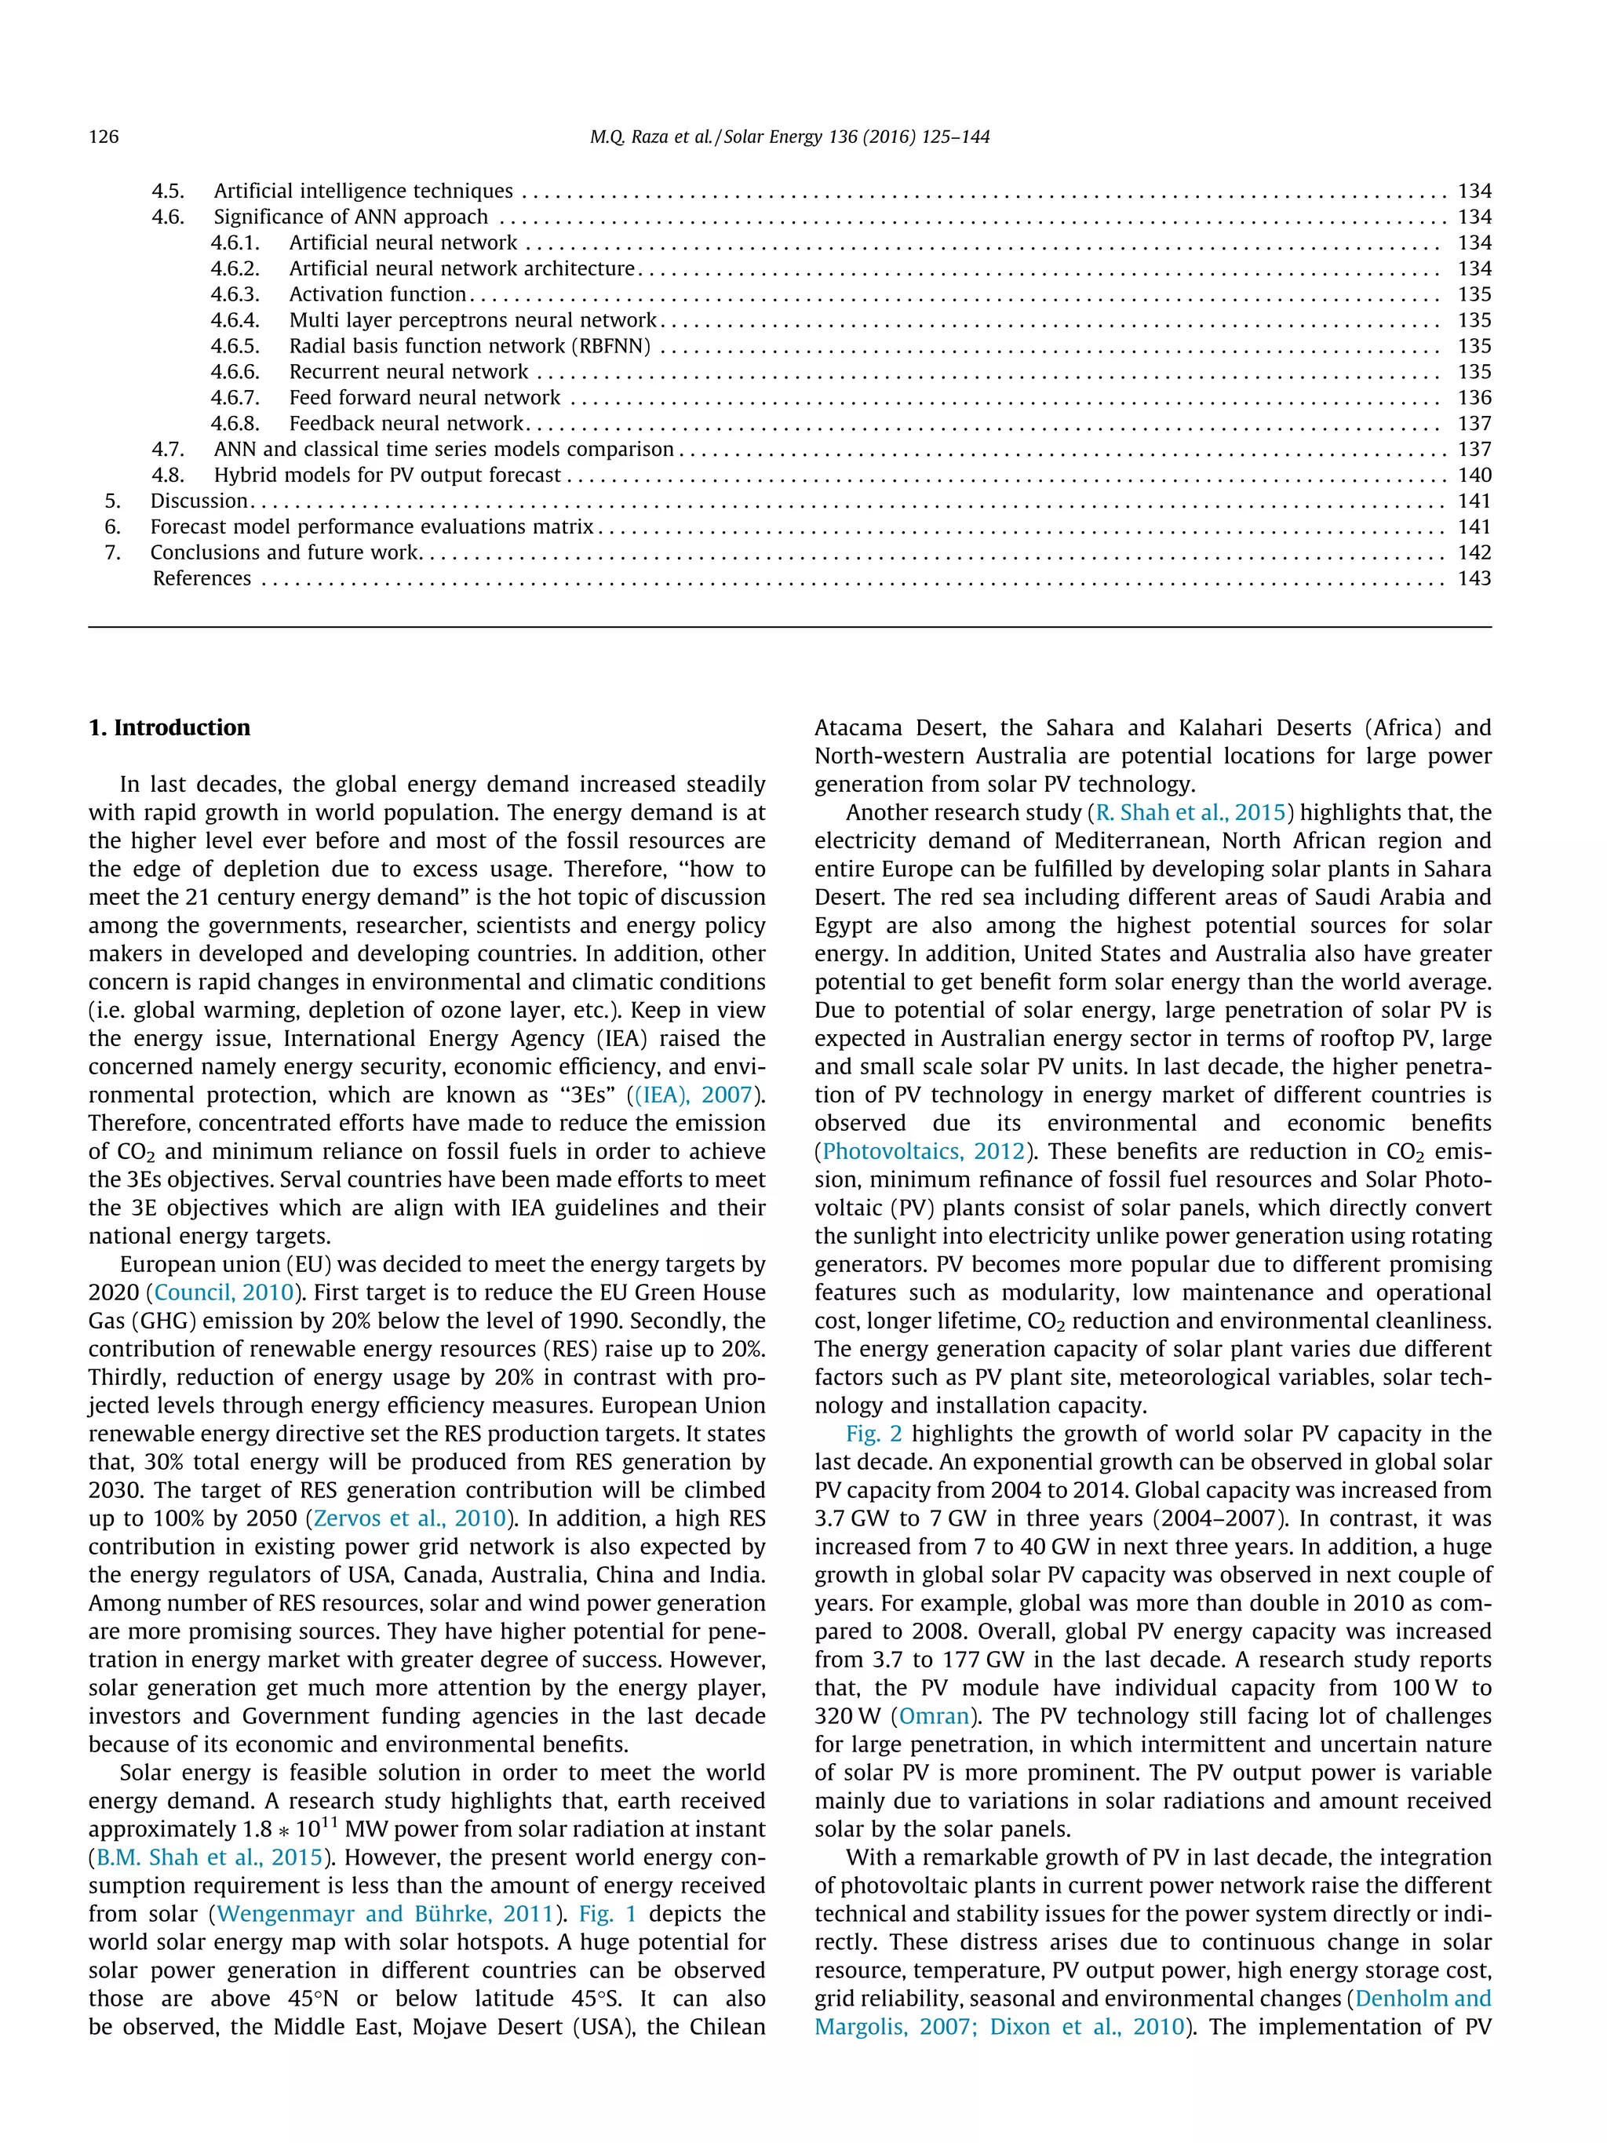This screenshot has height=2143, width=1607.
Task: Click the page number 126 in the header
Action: point(104,137)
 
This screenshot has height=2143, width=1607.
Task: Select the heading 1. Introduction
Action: point(169,727)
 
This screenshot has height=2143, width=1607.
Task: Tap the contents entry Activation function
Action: point(377,294)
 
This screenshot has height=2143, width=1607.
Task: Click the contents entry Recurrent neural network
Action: point(409,372)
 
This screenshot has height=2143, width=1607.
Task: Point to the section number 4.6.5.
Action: point(235,346)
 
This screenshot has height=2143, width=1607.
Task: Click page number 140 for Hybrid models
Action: point(1474,476)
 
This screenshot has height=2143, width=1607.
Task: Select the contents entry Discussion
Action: point(199,501)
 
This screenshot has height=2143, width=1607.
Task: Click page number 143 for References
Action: point(1474,578)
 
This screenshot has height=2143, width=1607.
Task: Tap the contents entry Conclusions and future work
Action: point(284,552)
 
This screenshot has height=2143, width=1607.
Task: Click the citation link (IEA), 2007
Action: point(694,1095)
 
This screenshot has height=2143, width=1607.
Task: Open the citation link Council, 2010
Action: point(224,1293)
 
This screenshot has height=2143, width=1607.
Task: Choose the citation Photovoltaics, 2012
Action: point(923,1152)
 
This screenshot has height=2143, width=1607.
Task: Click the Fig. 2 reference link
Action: point(873,1434)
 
